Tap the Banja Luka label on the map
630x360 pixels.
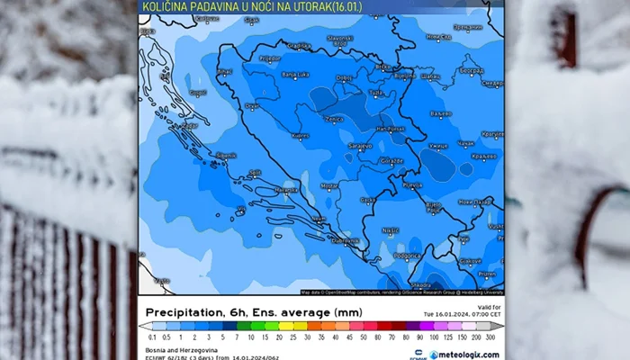295,75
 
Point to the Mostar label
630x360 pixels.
329,186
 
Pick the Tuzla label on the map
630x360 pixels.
376,92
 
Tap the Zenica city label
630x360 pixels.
333,118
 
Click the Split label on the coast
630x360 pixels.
256,172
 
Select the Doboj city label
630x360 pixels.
343,78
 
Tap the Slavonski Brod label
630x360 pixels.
339,39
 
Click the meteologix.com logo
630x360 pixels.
463,355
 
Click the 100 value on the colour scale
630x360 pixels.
435,337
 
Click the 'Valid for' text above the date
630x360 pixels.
489,307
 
